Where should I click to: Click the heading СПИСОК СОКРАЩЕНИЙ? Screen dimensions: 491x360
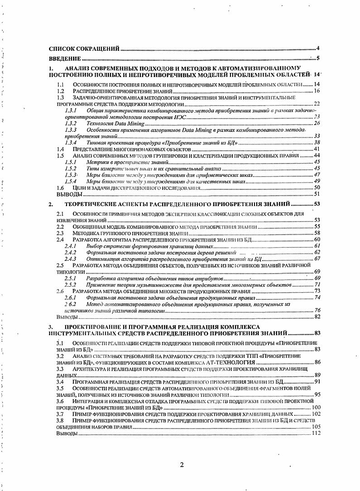click(x=84, y=48)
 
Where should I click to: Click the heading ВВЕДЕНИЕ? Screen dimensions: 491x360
click(x=65, y=58)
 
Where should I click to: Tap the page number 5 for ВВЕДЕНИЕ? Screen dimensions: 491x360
click(x=318, y=58)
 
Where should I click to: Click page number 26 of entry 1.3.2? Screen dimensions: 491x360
click(x=317, y=123)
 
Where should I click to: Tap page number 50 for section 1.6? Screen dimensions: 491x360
click(x=317, y=187)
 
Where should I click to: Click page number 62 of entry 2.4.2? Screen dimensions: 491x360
click(x=317, y=252)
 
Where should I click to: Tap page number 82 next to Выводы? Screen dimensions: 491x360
click(x=317, y=317)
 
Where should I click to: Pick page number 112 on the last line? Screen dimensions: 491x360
click(x=316, y=433)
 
